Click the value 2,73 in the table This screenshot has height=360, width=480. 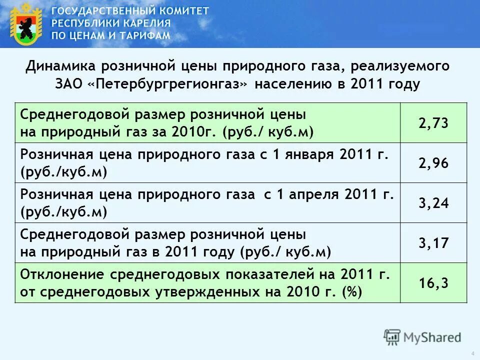click(x=433, y=123)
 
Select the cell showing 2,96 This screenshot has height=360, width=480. click(x=433, y=163)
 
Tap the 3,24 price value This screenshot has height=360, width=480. click(x=433, y=203)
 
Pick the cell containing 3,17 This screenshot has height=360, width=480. click(x=433, y=243)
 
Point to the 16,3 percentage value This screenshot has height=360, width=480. click(x=433, y=283)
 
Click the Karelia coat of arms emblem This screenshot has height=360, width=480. click(x=25, y=24)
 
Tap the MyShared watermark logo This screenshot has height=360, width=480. click(x=422, y=337)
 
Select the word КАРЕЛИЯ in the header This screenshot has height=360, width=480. click(x=145, y=23)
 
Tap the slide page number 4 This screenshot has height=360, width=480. click(x=472, y=353)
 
